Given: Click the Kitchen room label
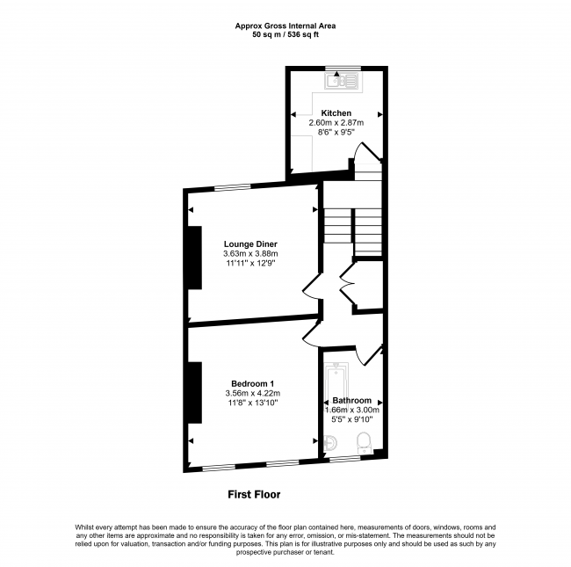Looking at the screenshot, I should (x=336, y=113).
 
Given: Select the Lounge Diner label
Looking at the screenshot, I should (x=251, y=244).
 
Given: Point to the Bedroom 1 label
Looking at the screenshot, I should (x=253, y=383).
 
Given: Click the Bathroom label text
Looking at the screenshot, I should (x=351, y=401).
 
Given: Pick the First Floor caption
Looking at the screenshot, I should (x=254, y=495).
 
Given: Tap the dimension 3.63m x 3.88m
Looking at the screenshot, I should (x=252, y=254).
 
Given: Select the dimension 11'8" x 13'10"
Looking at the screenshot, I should (x=252, y=403).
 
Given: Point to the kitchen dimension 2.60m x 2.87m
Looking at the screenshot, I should (x=336, y=123).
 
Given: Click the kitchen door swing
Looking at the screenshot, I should (x=365, y=161).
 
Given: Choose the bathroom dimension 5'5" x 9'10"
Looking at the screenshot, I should (x=351, y=419).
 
